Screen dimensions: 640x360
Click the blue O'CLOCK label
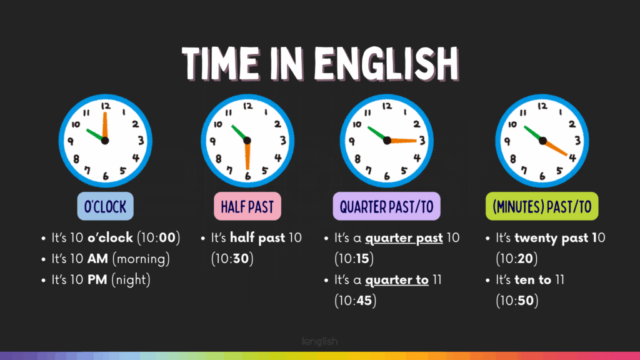coord(105,206)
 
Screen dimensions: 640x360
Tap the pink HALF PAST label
coord(247,206)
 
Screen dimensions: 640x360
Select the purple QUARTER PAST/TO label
coord(386,206)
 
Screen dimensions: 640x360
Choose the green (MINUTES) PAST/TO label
coord(542,206)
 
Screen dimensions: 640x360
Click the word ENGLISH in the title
coord(386,64)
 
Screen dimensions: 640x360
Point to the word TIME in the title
coord(221,64)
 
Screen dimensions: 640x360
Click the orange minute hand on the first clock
coord(105,126)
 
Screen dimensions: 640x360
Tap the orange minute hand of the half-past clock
coord(247,155)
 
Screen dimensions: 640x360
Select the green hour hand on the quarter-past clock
coord(377,134)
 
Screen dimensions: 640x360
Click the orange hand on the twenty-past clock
coord(556,147)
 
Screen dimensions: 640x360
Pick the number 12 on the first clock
coord(106,106)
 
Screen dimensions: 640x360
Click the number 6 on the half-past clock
coord(247,176)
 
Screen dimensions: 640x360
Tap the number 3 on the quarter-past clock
coord(422,141)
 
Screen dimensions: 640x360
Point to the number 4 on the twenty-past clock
coord(572,157)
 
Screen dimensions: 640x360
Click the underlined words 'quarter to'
coord(397,280)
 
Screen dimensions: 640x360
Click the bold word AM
coord(97,259)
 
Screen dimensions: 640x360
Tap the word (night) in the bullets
coord(131,280)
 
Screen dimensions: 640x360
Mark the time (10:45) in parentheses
coord(355,301)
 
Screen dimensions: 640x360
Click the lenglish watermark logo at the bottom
coord(320,341)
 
